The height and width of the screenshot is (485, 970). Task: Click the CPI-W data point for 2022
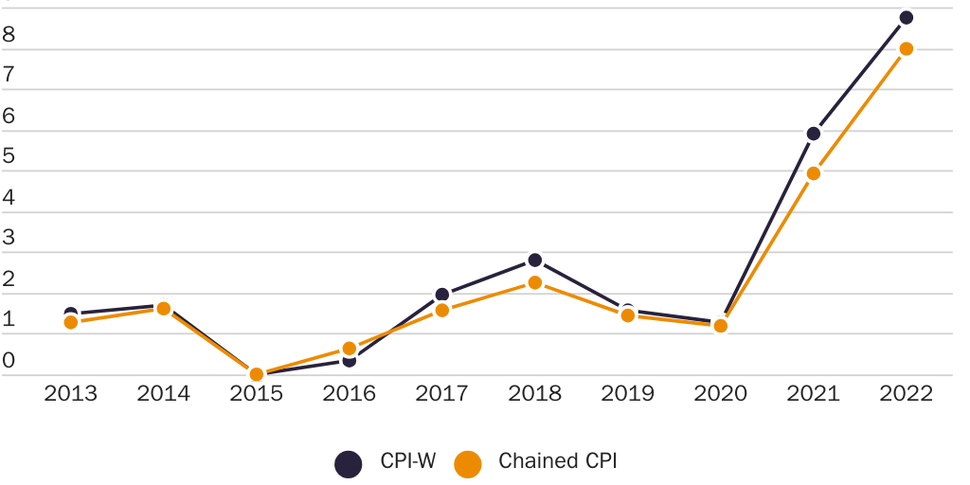(906, 17)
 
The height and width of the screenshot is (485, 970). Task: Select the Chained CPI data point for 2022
(906, 48)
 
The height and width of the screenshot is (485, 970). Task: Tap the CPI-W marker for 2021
(813, 133)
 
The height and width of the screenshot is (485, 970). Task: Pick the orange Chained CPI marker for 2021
(813, 173)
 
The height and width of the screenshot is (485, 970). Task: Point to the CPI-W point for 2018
(534, 260)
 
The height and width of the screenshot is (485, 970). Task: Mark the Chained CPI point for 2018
(534, 282)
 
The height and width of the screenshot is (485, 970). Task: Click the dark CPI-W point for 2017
(441, 295)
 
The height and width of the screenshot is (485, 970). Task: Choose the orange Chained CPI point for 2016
(349, 349)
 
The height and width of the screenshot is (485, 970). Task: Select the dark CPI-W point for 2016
(349, 361)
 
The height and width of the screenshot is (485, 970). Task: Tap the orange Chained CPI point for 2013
(70, 322)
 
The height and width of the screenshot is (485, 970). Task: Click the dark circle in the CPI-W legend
(349, 463)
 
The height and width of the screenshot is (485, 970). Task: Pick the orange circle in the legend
(468, 463)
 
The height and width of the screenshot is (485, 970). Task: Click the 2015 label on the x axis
(256, 393)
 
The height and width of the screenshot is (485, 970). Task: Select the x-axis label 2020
(720, 393)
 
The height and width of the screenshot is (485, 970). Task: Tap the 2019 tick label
(627, 393)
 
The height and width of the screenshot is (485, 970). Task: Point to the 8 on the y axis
(9, 35)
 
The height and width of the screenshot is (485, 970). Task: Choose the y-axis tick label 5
(9, 157)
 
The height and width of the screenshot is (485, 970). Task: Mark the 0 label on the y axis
(9, 361)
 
